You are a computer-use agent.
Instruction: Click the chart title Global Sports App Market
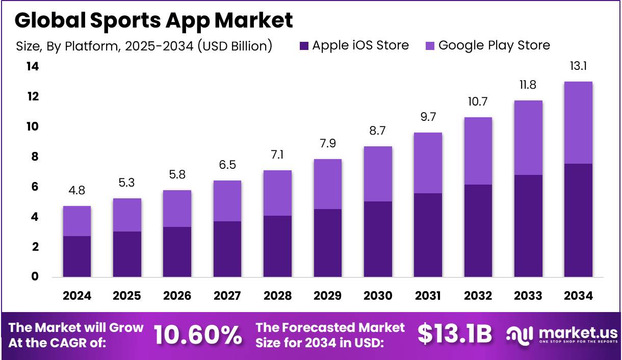point(153,20)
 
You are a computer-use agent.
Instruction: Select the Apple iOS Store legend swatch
point(304,46)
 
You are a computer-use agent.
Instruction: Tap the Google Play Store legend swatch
point(430,46)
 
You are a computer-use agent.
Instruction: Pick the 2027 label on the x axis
point(227,296)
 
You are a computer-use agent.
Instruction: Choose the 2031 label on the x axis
point(428,296)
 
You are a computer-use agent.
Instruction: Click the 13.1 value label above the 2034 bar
point(578,66)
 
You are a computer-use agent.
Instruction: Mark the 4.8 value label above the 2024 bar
point(76,191)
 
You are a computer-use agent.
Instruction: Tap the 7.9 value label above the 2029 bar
point(327,144)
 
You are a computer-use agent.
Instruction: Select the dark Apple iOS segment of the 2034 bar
point(578,220)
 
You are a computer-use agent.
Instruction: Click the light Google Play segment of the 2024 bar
point(76,221)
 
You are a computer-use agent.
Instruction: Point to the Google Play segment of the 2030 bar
point(378,174)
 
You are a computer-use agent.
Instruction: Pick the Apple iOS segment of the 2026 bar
point(177,252)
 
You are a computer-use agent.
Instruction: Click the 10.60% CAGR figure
point(198,335)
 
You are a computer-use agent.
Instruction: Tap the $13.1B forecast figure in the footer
point(455,335)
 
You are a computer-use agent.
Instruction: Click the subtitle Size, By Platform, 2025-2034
point(143,46)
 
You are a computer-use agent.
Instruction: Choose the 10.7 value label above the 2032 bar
point(478,102)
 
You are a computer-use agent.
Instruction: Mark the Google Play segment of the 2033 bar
point(528,138)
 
